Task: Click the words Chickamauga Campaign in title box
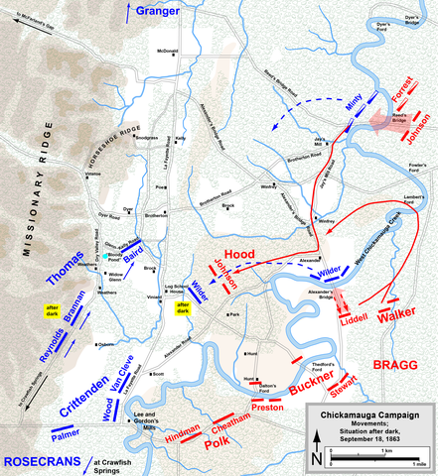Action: (370, 416)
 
